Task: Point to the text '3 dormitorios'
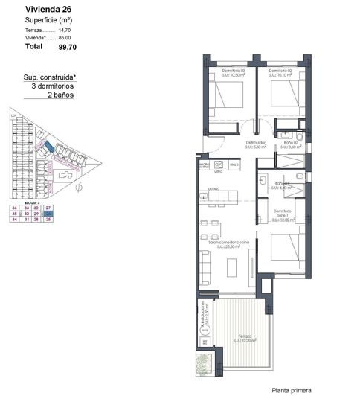54,86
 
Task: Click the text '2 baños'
61,95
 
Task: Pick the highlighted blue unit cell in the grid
48,213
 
